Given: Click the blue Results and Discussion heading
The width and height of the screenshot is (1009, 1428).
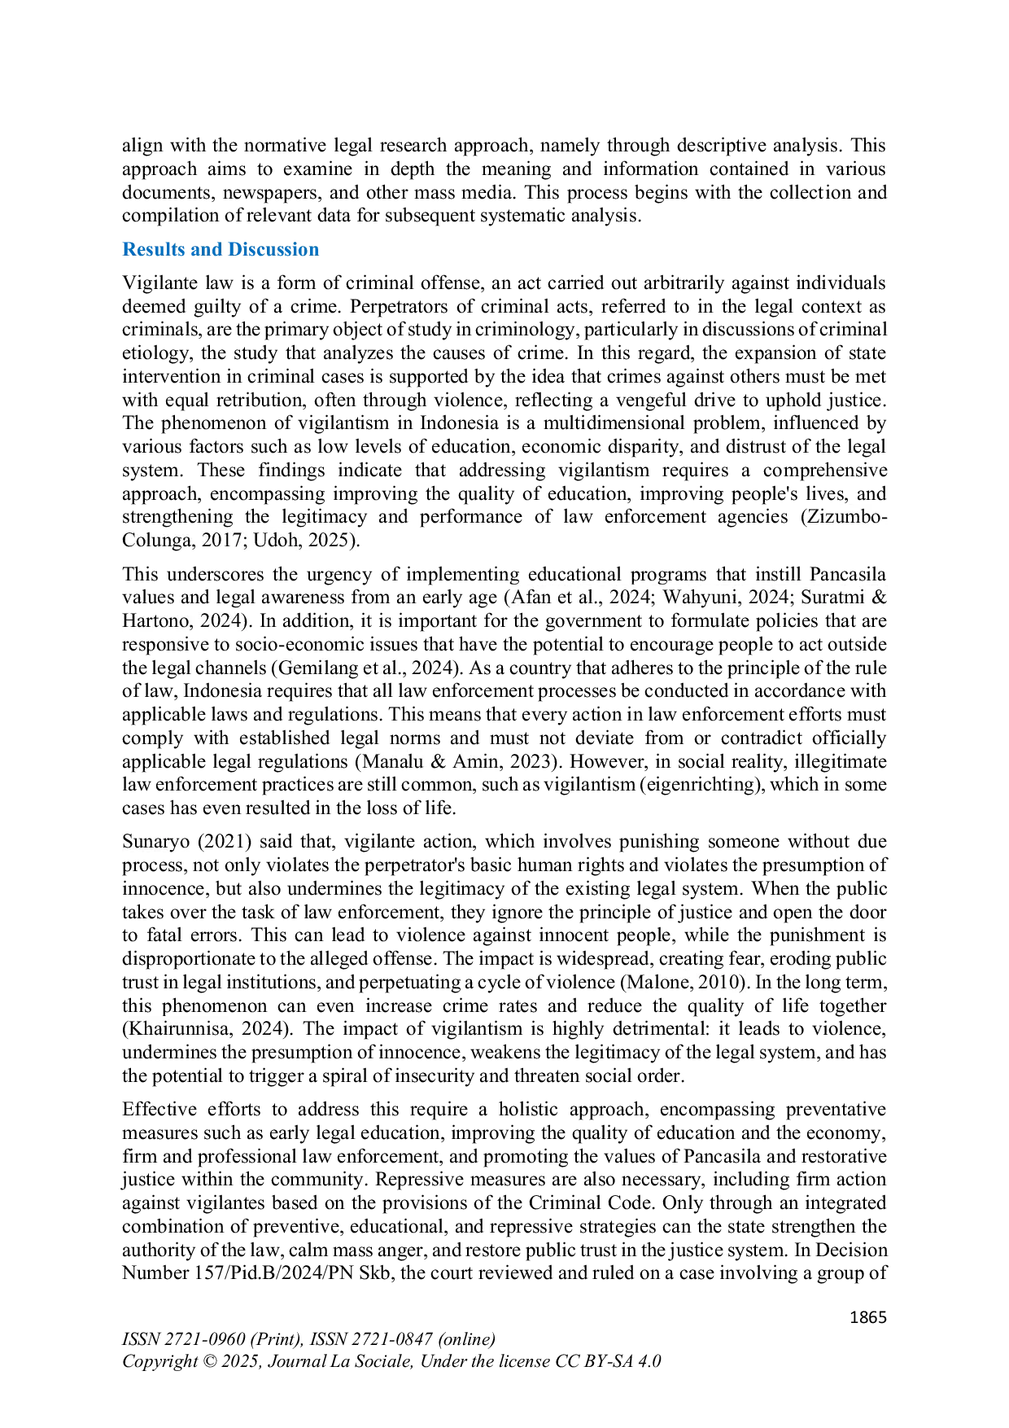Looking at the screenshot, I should [x=221, y=250].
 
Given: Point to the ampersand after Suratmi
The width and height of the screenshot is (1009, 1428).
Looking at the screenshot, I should [x=879, y=597].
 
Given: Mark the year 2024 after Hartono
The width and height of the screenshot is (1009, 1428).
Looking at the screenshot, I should [x=223, y=621].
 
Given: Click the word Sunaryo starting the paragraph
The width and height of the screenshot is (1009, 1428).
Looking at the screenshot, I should [x=155, y=842].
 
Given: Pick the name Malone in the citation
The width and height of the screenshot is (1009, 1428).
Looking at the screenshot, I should [x=657, y=983].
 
